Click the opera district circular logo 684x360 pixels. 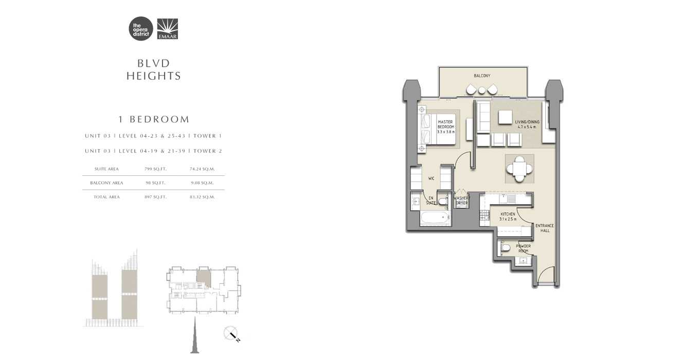pyautogui.click(x=141, y=29)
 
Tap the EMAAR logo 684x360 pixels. pyautogui.click(x=167, y=29)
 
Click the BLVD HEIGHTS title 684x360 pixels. pyautogui.click(x=154, y=69)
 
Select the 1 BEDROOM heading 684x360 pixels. pyautogui.click(x=154, y=119)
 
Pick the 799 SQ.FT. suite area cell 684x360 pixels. pyautogui.click(x=155, y=169)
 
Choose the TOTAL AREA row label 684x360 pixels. pyautogui.click(x=106, y=197)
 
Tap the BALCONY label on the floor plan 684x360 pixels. pyautogui.click(x=482, y=76)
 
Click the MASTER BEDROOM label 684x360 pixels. pyautogui.click(x=445, y=127)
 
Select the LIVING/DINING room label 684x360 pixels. pyautogui.click(x=526, y=124)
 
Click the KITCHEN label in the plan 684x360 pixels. pyautogui.click(x=508, y=217)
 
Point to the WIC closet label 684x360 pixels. pyautogui.click(x=431, y=179)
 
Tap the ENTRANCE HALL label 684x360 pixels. pyautogui.click(x=545, y=228)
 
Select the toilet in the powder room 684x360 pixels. pyautogui.click(x=505, y=249)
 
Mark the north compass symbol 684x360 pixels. pyautogui.click(x=232, y=334)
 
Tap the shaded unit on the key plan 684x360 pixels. pyautogui.click(x=203, y=279)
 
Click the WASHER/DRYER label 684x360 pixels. pyautogui.click(x=462, y=201)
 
